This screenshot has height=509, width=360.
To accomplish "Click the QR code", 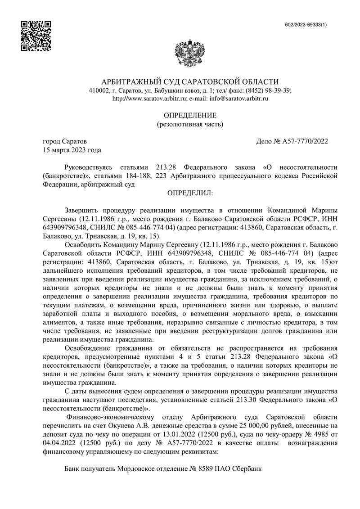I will tap(36, 36).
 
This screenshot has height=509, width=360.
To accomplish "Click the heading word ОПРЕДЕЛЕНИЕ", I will tap(189, 115).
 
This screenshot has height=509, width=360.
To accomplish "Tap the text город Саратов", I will tap(62, 141).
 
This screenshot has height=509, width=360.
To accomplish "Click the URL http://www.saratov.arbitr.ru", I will tap(149, 98).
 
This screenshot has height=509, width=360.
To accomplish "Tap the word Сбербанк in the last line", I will tap(247, 468).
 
